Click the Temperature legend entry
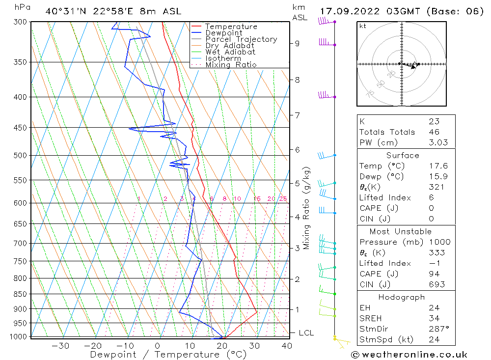click(x=231, y=27)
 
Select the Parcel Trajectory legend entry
click(x=241, y=39)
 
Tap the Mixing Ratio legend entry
click(x=231, y=65)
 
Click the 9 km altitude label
click(x=297, y=43)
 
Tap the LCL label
click(x=306, y=333)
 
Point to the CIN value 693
click(x=436, y=284)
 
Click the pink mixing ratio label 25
click(x=283, y=199)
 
